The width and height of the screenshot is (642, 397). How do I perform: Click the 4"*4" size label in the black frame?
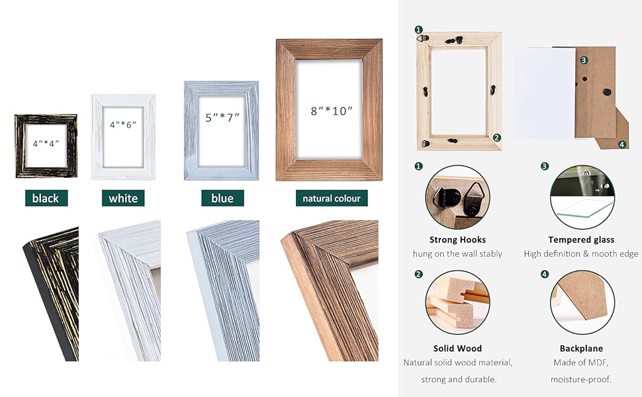pyautogui.click(x=46, y=144)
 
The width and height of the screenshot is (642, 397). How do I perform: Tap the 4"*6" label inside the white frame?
pyautogui.click(x=123, y=124)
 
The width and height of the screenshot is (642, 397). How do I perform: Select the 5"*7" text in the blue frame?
pyautogui.click(x=222, y=117)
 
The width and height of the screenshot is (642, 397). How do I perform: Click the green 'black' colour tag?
pyautogui.click(x=46, y=198)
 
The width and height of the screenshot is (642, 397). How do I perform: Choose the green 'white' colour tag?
pyautogui.click(x=123, y=198)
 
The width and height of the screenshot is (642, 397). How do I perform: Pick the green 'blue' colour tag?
pyautogui.click(x=222, y=198)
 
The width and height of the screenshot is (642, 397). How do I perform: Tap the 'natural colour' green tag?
pyautogui.click(x=332, y=198)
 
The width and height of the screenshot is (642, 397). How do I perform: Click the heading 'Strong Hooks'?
pyautogui.click(x=457, y=240)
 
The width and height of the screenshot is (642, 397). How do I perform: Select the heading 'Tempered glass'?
pyautogui.click(x=581, y=240)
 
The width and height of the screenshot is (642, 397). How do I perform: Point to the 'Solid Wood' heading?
pyautogui.click(x=457, y=348)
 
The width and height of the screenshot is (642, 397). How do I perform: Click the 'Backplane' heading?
pyautogui.click(x=581, y=348)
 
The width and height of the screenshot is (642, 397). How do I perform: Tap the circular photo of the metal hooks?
pyautogui.click(x=457, y=197)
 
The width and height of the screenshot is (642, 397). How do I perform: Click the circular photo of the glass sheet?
pyautogui.click(x=582, y=197)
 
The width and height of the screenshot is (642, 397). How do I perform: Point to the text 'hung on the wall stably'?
pyautogui.click(x=457, y=254)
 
